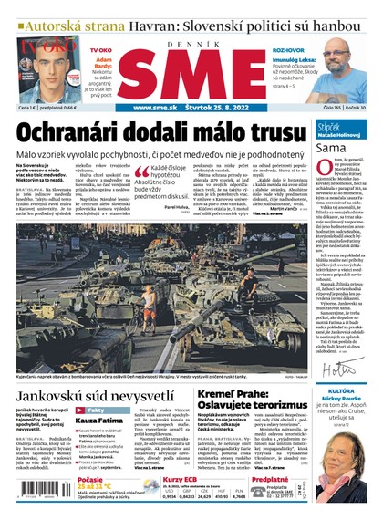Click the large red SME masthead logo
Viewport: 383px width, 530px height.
(191, 72)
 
